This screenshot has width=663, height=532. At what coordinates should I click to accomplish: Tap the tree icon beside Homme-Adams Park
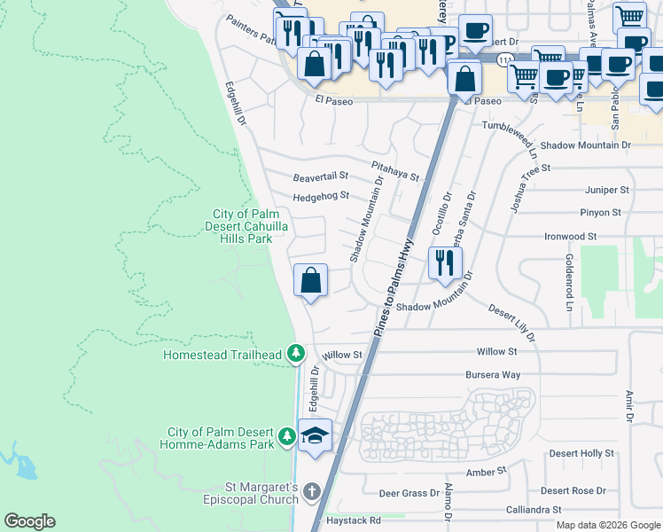click(286, 436)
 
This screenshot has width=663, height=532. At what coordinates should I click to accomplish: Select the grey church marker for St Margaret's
click(311, 491)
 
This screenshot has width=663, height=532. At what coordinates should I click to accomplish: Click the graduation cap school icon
click(315, 435)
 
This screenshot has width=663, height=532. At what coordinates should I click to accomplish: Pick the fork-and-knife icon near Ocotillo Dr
click(444, 262)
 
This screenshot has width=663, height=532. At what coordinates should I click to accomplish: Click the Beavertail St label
click(321, 177)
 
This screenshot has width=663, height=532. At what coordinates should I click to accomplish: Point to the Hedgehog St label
click(321, 196)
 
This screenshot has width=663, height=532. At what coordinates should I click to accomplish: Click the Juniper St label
click(606, 190)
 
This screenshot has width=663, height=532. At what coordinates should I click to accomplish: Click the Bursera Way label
click(492, 375)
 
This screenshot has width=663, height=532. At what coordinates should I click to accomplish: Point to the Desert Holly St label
click(581, 453)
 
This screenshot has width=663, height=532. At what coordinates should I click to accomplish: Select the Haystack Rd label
click(352, 520)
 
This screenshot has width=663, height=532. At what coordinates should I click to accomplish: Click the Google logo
click(29, 521)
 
